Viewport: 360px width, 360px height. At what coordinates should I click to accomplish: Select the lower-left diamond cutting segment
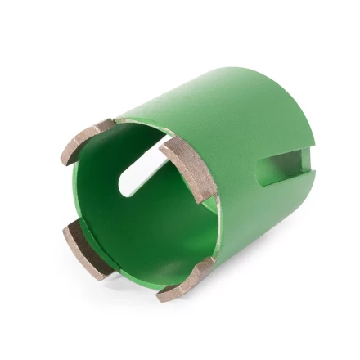point(83,250)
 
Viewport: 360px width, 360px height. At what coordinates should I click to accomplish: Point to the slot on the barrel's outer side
point(283,169)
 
